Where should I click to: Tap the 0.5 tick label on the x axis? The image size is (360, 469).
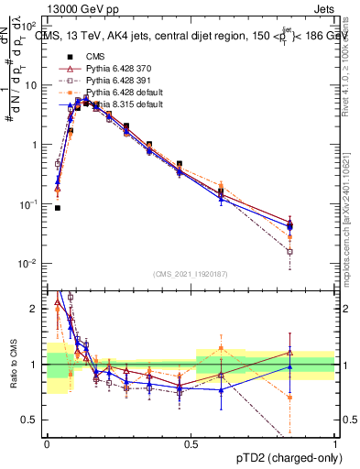191,442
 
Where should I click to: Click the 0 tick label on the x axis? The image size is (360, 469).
47,442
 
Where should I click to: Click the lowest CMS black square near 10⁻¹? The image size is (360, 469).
58,208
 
